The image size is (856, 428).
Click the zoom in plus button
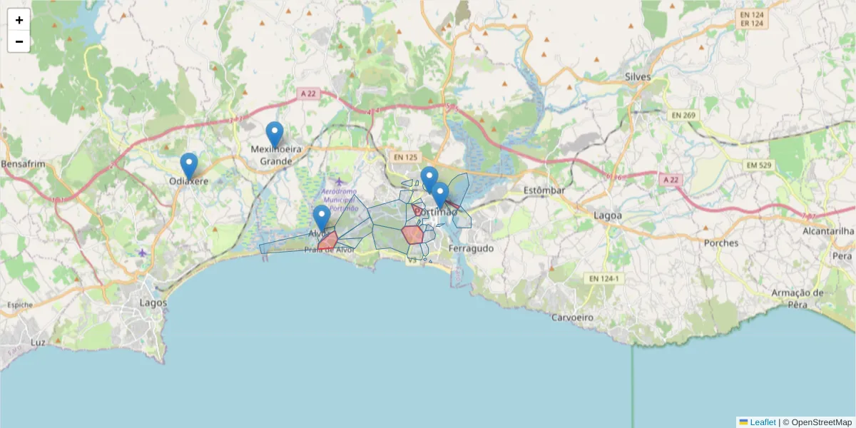19,20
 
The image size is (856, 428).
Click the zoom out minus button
19,41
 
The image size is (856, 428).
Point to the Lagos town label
153,302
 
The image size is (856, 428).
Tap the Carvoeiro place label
574,317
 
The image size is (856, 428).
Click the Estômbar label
544,190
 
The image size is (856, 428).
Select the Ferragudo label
471,248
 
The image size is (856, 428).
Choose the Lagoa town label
608,215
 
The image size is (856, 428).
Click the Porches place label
721,243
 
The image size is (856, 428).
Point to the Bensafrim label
24,164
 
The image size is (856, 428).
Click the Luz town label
39,342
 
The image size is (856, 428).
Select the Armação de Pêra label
797,298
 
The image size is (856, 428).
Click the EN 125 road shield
407,157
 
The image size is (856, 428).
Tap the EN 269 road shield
683,114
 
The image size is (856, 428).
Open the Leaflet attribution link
761,422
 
